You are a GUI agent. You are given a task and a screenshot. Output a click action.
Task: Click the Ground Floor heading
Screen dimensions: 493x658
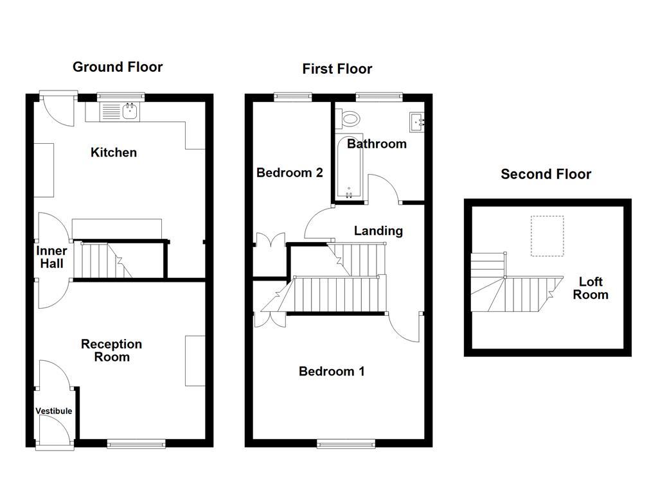tap(118, 67)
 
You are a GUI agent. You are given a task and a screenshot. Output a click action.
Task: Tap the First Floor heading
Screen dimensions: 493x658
tap(337, 69)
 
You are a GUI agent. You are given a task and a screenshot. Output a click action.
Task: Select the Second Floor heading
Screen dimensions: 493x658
tap(546, 174)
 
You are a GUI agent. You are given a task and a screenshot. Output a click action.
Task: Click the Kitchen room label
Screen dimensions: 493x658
tap(114, 152)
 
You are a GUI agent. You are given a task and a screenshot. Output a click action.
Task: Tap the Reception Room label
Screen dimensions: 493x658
tap(112, 350)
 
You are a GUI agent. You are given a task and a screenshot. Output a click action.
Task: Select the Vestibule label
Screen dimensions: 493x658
tap(53, 411)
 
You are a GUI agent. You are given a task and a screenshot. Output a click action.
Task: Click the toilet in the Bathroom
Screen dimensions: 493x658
tap(350, 119)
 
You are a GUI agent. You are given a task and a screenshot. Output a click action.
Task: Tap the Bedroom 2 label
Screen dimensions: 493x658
tap(289, 173)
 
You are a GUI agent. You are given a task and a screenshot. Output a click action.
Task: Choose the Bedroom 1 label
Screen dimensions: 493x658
tap(332, 371)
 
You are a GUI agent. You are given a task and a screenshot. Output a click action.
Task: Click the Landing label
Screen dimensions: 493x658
tap(378, 230)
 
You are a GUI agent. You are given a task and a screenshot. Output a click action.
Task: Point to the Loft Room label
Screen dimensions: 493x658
tap(591, 288)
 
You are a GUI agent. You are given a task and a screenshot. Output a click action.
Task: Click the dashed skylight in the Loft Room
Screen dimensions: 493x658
tap(547, 236)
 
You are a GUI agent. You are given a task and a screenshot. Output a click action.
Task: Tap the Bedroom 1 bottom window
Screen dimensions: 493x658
tap(346, 444)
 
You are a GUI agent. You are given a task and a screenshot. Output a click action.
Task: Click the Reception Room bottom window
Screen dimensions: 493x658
tap(136, 444)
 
